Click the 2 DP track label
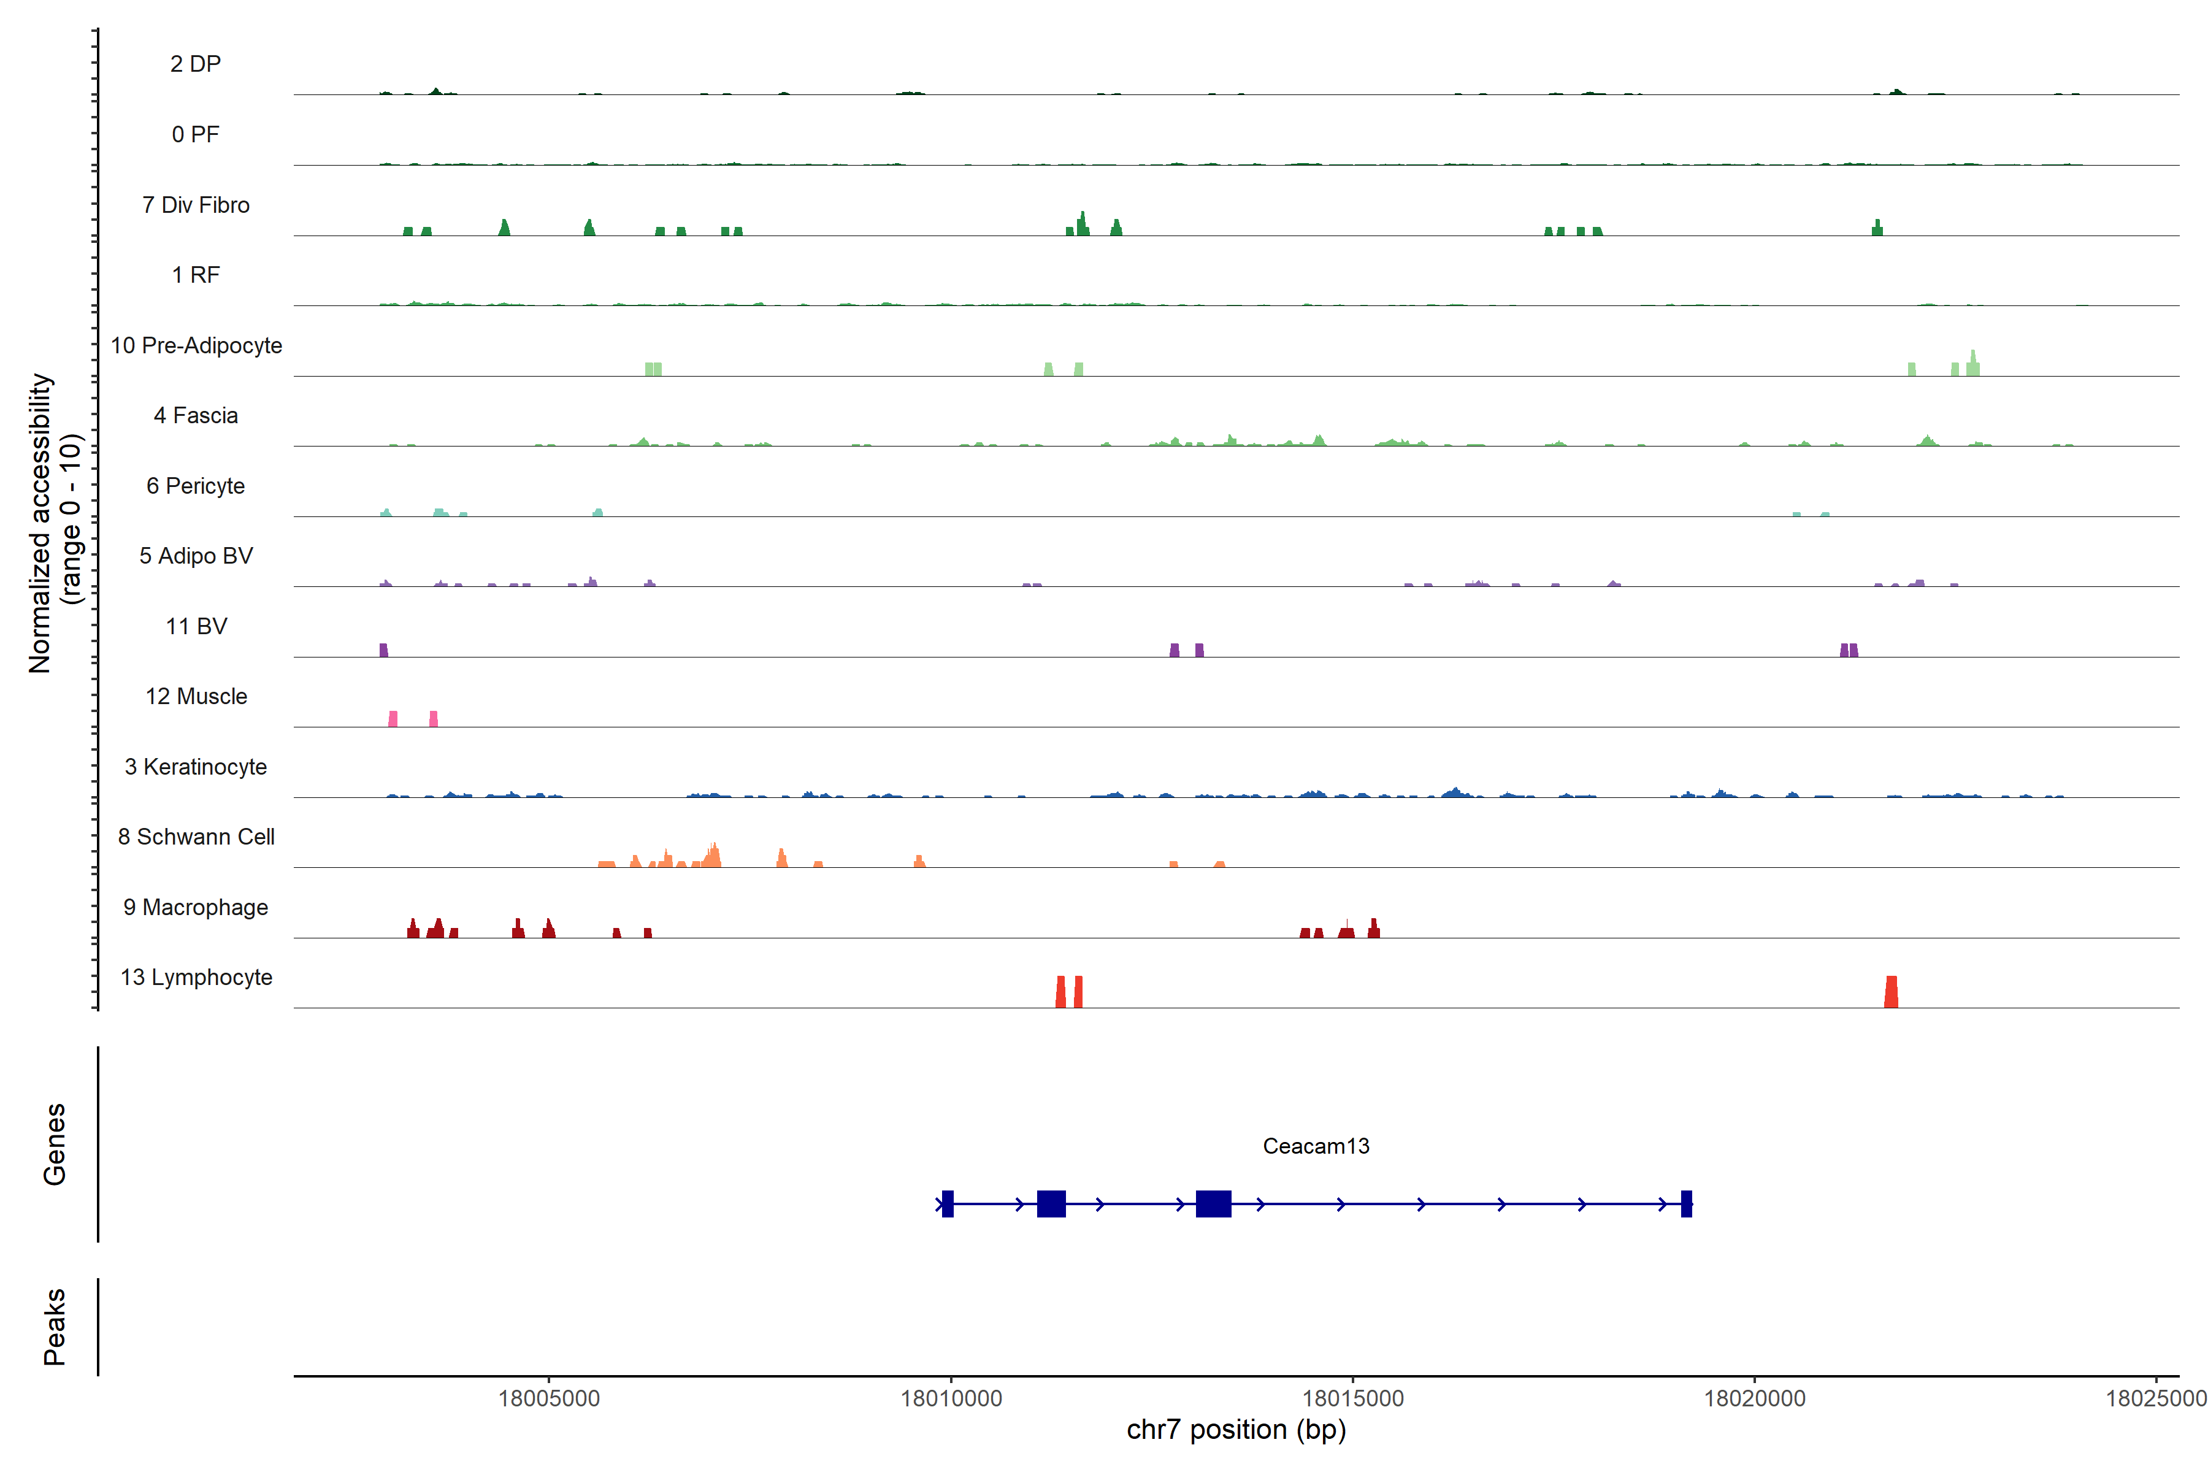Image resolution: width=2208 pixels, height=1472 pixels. pyautogui.click(x=195, y=64)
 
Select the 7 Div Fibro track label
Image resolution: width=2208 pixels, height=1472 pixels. pyautogui.click(x=195, y=205)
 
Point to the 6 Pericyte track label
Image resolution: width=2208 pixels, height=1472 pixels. pyautogui.click(x=195, y=485)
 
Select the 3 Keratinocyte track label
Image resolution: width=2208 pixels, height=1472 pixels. pyautogui.click(x=195, y=767)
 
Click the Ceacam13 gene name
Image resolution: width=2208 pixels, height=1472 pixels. pyautogui.click(x=1315, y=1146)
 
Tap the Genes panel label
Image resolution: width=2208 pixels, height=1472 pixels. pyautogui.click(x=55, y=1144)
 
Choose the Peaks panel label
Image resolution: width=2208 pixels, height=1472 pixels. pyautogui.click(x=55, y=1327)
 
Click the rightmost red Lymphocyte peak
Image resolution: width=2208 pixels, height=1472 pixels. pyautogui.click(x=1891, y=992)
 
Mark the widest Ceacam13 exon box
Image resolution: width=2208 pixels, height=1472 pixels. pyautogui.click(x=1213, y=1203)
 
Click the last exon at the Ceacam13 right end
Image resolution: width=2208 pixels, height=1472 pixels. pyautogui.click(x=1686, y=1203)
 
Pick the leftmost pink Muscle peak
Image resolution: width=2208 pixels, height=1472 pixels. pyautogui.click(x=393, y=719)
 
